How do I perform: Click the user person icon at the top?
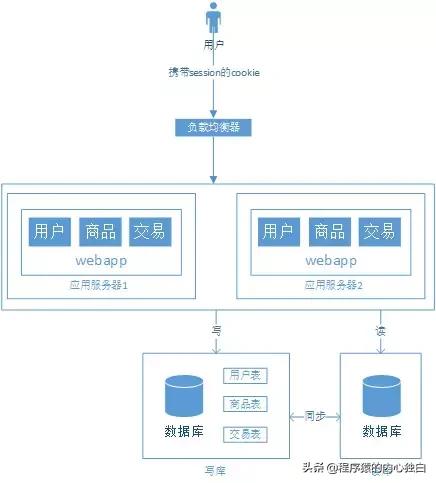coord(213,19)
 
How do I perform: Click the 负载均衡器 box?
coord(213,128)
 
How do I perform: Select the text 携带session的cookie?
coord(213,74)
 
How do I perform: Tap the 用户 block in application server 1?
coord(47,232)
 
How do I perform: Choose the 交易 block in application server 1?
coord(150,232)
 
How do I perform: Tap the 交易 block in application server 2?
coord(379,232)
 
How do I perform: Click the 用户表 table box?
coord(244,376)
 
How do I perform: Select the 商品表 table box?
coord(244,405)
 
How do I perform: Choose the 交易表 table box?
coord(244,434)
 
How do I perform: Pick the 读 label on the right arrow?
coord(381,329)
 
